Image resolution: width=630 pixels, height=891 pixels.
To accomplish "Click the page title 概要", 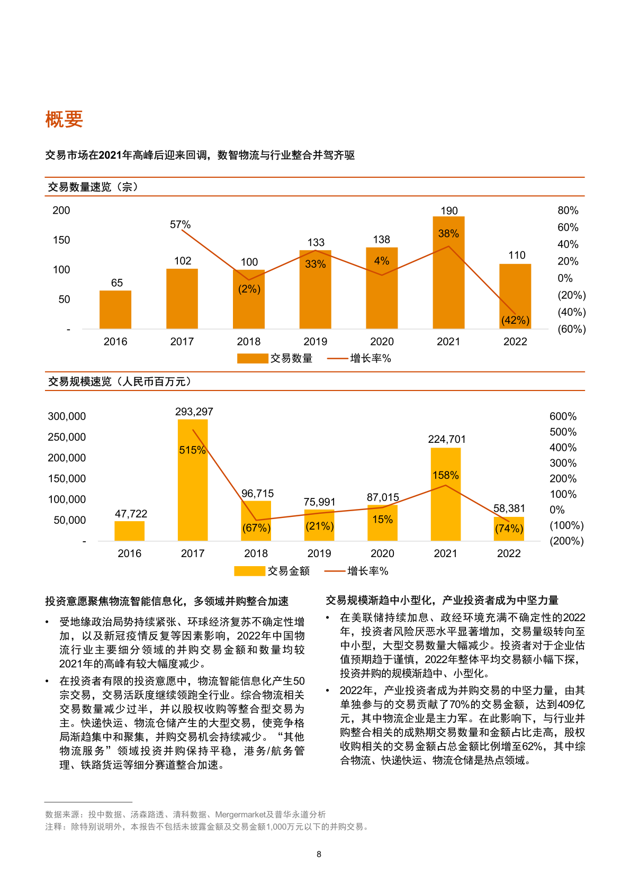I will click(64, 119).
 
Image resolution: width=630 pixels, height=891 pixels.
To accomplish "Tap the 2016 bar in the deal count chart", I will click(115, 310).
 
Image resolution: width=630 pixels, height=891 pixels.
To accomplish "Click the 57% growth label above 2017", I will click(180, 225).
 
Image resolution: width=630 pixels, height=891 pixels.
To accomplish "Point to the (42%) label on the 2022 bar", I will click(515, 320).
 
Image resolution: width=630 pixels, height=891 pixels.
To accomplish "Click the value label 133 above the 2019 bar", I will click(316, 242).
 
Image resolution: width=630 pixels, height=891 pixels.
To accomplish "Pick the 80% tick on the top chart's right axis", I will click(568, 211).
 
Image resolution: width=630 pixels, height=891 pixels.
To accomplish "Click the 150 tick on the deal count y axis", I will click(61, 240).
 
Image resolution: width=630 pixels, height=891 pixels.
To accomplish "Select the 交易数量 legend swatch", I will click(253, 359).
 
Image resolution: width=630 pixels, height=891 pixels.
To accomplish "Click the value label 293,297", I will click(194, 412).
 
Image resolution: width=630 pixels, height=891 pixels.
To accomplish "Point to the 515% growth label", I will click(192, 450).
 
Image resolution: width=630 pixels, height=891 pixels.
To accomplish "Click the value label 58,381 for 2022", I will click(509, 508).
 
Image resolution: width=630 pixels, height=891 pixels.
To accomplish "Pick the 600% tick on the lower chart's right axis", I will click(563, 417).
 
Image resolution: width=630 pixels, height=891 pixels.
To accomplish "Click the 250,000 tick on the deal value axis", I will click(67, 437).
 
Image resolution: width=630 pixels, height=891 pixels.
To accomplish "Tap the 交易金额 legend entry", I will click(272, 571).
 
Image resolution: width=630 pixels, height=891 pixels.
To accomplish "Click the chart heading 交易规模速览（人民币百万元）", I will click(120, 381).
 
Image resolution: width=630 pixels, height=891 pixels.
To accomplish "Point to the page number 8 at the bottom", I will click(319, 854).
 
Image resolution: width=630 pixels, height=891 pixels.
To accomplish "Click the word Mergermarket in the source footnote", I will click(240, 814).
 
